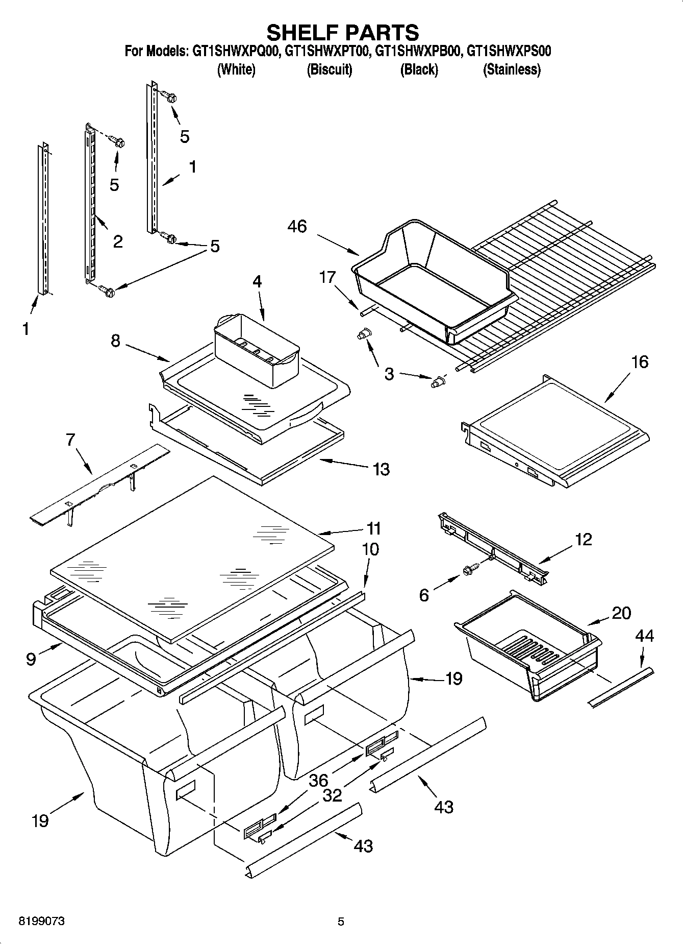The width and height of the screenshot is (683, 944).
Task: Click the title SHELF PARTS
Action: [x=342, y=32]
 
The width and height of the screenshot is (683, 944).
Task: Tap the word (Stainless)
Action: [x=512, y=69]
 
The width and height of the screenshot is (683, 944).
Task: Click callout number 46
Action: [x=297, y=226]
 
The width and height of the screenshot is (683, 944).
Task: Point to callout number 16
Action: [x=639, y=361]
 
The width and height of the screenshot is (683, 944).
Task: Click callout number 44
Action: [x=644, y=636]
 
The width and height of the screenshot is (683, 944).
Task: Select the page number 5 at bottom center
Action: [x=341, y=922]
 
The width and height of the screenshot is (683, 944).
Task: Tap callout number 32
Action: [x=333, y=795]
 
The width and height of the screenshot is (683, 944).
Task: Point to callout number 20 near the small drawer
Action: [x=621, y=613]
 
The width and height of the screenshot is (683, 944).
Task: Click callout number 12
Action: [x=583, y=539]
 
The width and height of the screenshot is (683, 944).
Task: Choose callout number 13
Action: [x=381, y=469]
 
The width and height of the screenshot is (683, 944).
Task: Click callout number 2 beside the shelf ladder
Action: [x=118, y=241]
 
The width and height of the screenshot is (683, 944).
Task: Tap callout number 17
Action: [x=327, y=277]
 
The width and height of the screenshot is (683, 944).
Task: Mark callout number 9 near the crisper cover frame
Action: [x=31, y=659]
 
